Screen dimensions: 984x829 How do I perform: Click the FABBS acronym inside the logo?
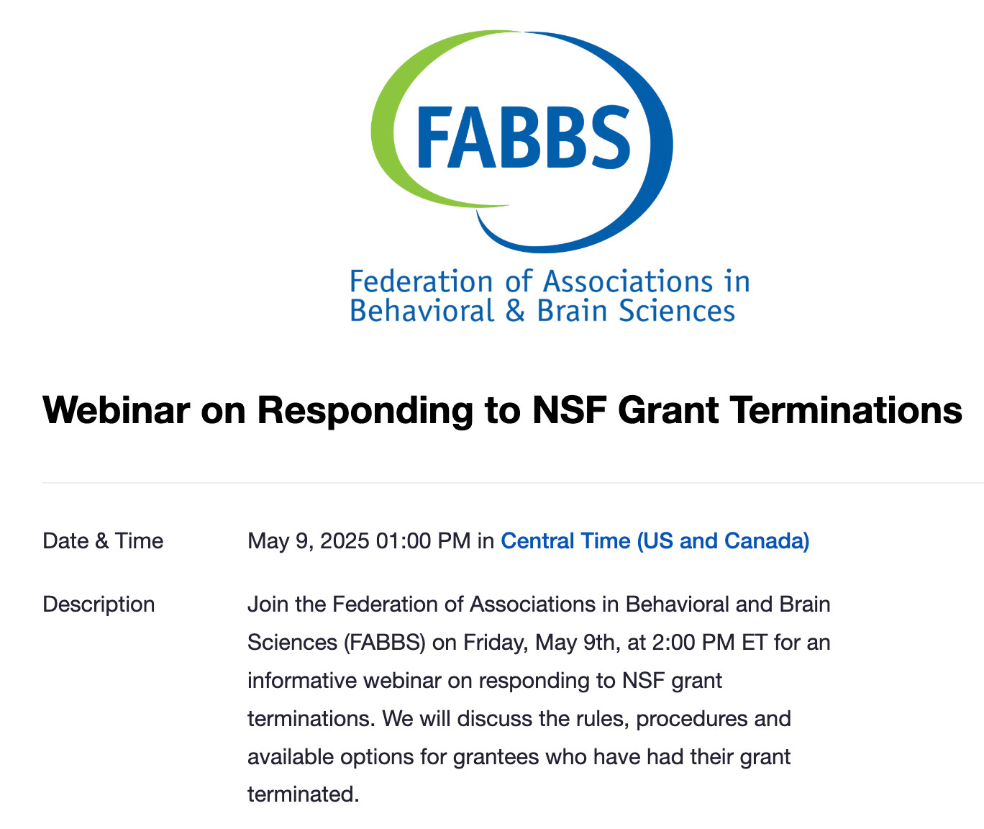(524, 137)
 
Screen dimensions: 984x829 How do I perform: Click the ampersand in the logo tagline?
(515, 311)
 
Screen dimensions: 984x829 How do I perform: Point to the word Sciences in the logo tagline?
(677, 311)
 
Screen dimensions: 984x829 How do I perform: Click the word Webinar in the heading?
(116, 410)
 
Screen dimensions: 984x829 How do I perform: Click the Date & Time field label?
(103, 541)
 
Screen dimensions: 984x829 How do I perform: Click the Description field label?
(99, 604)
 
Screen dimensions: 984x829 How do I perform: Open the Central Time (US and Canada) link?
(655, 541)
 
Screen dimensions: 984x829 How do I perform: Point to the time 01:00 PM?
(423, 541)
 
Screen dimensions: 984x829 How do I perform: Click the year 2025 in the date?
(345, 541)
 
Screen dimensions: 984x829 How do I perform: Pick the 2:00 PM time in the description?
(693, 643)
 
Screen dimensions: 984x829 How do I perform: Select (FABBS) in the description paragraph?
(385, 643)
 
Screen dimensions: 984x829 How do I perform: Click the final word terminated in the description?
(303, 795)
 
